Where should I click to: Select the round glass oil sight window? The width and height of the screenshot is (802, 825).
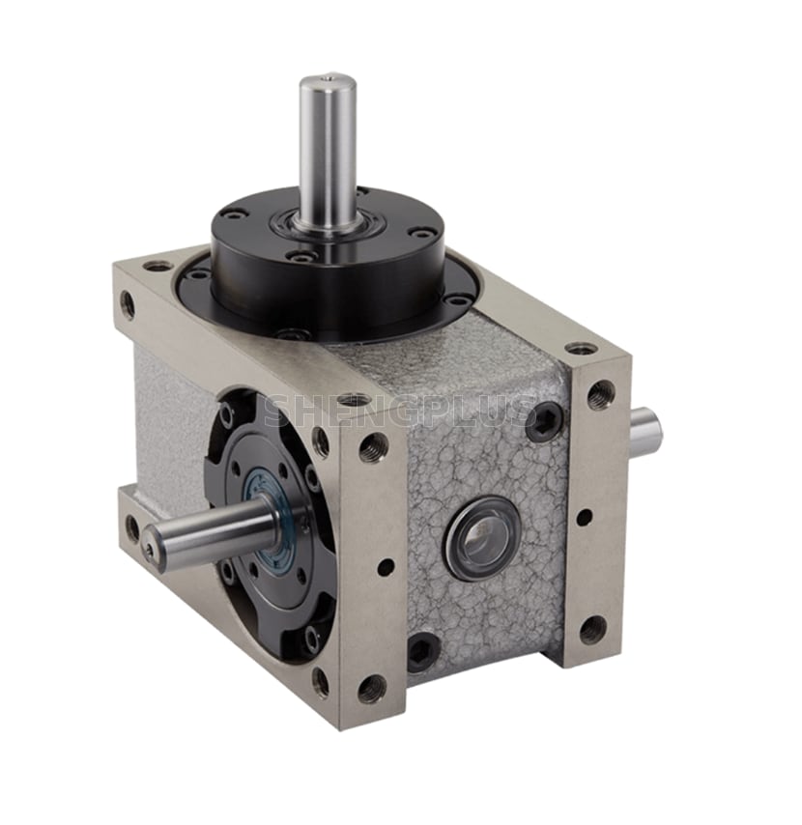(483, 537)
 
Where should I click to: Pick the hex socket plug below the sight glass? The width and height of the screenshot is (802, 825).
(422, 652)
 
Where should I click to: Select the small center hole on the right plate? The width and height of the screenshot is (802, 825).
(584, 517)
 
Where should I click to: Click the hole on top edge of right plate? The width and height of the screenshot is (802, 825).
(581, 348)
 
